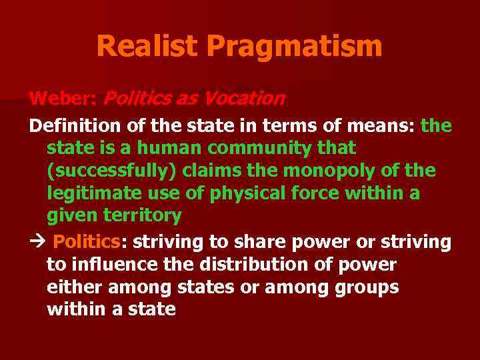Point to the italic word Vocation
pyautogui.click(x=245, y=99)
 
